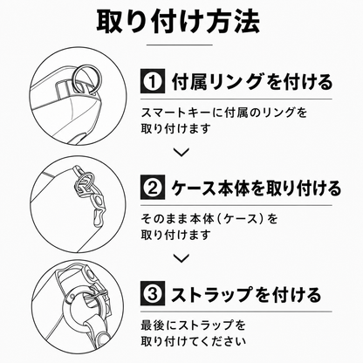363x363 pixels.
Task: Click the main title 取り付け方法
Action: [178, 22]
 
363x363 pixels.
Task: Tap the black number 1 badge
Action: [153, 81]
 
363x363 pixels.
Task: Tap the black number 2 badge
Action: [153, 187]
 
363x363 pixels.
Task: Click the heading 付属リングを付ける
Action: [251, 81]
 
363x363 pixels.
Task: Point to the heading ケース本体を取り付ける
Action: [256, 188]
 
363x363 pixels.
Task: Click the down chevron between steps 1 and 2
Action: [181, 152]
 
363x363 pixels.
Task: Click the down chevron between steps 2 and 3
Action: [181, 257]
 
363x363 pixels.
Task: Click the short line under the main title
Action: [180, 45]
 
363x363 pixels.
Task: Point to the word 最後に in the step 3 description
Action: [159, 325]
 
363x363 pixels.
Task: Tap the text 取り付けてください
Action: [193, 340]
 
